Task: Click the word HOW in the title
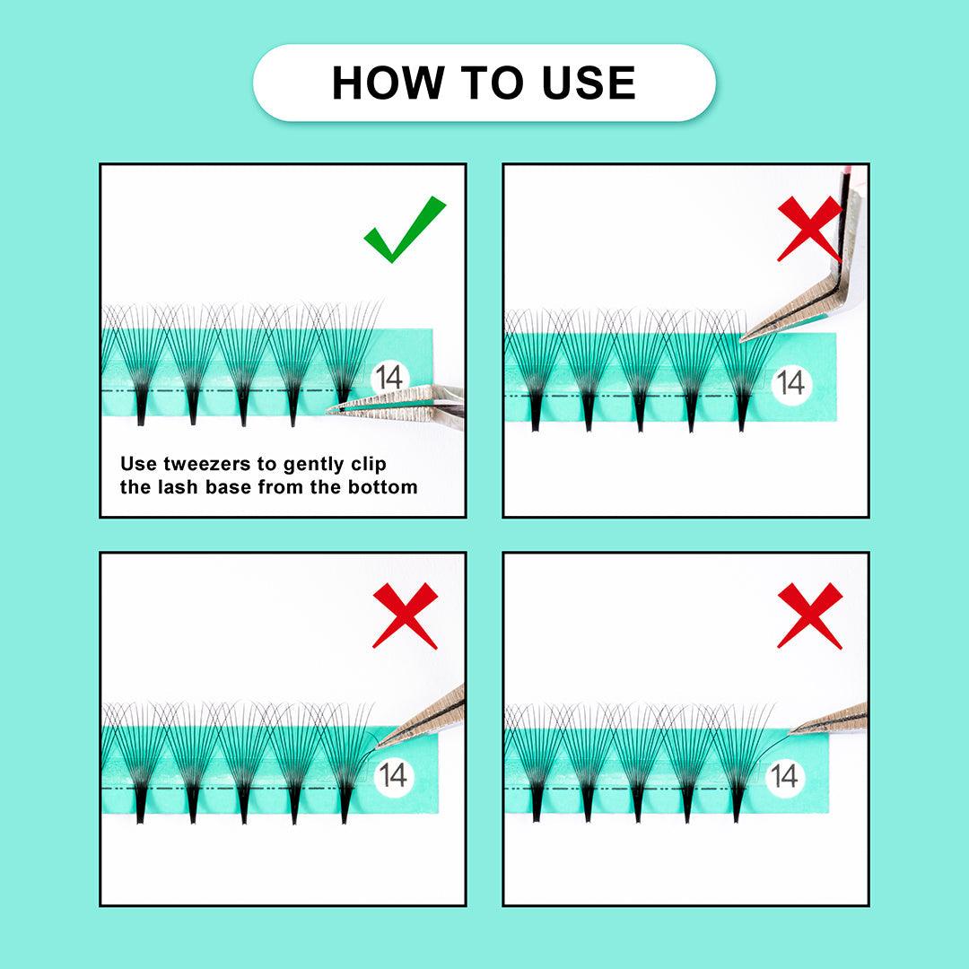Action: point(388,83)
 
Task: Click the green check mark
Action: point(405,229)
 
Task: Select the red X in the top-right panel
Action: point(809,229)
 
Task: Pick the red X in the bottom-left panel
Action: point(406,615)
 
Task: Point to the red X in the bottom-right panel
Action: point(809,615)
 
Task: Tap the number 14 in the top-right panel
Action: point(791,383)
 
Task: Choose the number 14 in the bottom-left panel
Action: point(394,775)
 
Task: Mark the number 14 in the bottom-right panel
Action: point(784,776)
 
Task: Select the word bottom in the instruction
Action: point(382,487)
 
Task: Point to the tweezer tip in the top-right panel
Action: point(742,338)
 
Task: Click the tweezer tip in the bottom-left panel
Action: point(378,746)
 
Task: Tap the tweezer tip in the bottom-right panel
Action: point(792,732)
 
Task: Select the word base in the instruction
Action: point(229,487)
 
